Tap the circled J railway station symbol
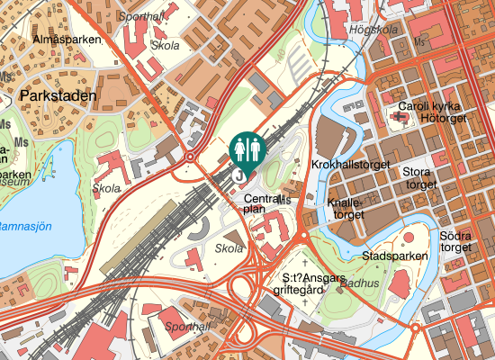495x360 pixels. click(x=238, y=176)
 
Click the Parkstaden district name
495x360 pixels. click(x=54, y=94)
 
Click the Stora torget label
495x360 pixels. click(x=418, y=177)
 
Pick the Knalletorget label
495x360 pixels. click(x=347, y=209)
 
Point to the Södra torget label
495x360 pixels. click(x=456, y=241)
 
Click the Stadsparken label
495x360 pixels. click(x=394, y=256)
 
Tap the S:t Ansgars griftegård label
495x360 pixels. click(x=315, y=283)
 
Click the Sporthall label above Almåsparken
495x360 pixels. click(x=142, y=16)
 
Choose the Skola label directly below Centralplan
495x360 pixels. click(x=229, y=248)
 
